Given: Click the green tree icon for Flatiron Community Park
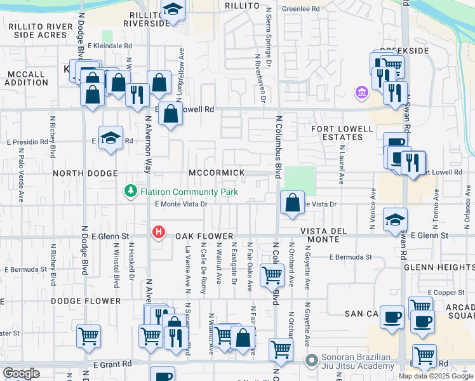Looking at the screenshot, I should click(130, 190).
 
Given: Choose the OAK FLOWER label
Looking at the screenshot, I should click(201, 235).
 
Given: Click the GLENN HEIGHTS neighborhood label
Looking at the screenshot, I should click(444, 267).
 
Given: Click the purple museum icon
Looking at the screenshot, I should click(362, 94).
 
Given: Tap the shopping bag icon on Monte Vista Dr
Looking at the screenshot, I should click(292, 203).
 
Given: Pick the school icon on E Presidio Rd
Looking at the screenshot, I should click(110, 138).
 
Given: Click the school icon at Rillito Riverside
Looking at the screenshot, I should click(171, 10).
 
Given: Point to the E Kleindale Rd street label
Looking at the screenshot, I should click(110, 46).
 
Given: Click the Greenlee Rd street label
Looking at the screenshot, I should click(301, 10).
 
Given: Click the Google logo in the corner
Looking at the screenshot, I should click(21, 373).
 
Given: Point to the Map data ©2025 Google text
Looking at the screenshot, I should click(436, 376).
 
